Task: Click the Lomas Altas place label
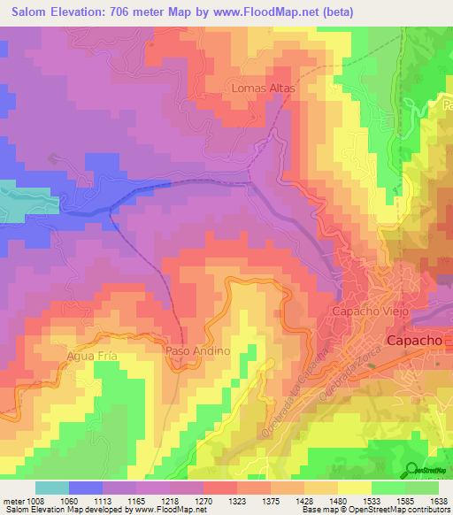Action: pos(262,88)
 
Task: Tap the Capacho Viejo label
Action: pos(367,312)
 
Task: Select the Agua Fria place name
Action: pos(92,357)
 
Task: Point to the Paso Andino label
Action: pos(198,351)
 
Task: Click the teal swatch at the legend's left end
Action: pos(52,487)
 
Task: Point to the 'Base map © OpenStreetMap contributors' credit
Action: pos(375,510)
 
